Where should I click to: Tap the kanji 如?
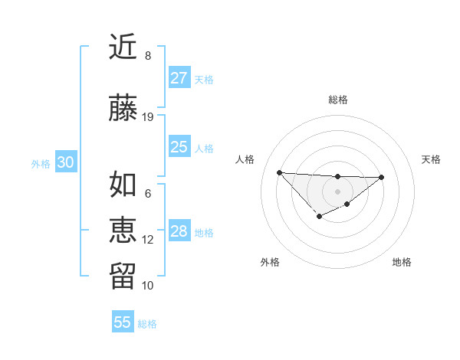point(123,185)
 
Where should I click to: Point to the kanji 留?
point(123,277)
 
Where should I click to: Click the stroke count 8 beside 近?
point(148,56)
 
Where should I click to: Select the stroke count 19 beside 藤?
point(148,117)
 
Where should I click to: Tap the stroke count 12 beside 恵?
point(148,240)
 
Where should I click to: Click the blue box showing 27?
point(179,78)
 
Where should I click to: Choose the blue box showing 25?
point(179,147)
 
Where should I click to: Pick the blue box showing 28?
point(179,231)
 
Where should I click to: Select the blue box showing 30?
point(65,162)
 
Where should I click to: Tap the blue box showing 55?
point(123,322)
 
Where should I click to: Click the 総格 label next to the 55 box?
point(147,324)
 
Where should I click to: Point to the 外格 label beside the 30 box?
point(41,164)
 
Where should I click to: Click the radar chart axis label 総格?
point(337,100)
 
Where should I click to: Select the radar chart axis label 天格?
point(432,159)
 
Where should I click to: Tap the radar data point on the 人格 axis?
point(279,172)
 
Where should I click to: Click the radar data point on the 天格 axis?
point(382,177)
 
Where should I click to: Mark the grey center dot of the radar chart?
point(337,191)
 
